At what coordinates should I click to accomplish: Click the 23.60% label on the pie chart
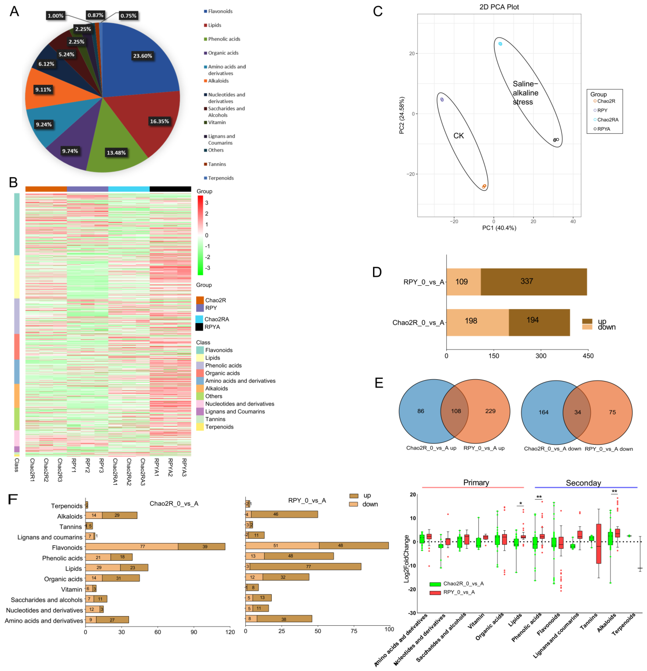[142, 56]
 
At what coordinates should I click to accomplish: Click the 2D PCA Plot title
[499, 7]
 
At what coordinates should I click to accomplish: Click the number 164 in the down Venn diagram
[543, 412]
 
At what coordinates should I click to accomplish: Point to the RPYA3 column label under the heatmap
[184, 467]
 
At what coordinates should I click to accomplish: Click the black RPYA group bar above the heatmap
[170, 189]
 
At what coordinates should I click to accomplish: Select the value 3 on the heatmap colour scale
[206, 203]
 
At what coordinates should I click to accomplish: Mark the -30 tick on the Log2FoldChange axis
[412, 613]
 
